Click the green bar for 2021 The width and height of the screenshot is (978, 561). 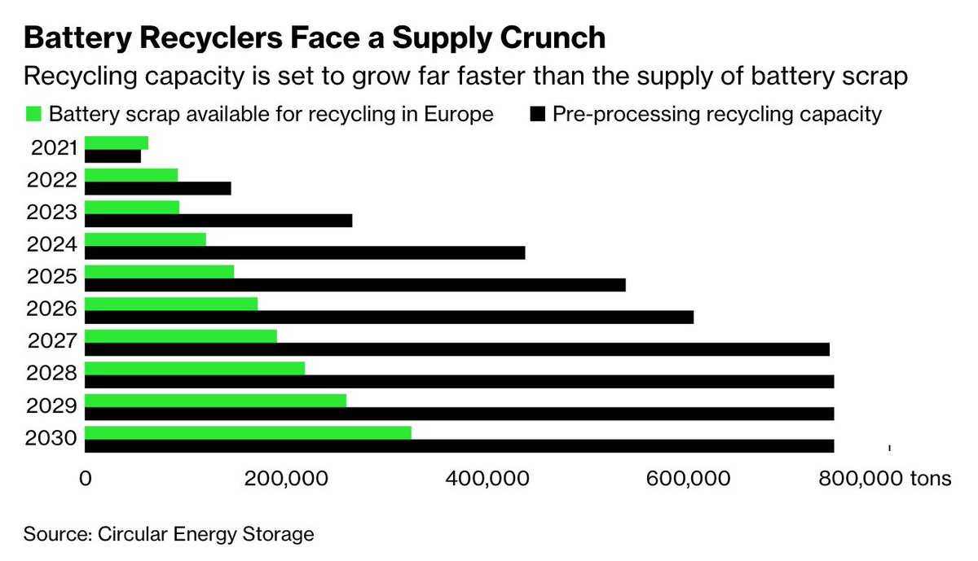[117, 143]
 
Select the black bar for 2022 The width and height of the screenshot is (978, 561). [157, 189]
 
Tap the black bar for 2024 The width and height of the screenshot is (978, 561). [305, 252]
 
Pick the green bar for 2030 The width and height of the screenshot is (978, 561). [248, 432]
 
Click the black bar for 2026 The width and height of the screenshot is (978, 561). [389, 317]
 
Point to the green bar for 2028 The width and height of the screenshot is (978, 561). [195, 368]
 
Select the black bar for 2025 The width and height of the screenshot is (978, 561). [355, 285]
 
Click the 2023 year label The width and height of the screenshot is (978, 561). [53, 213]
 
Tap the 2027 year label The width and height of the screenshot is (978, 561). [53, 341]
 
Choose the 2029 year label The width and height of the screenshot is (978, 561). [53, 405]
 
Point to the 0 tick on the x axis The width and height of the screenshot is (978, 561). [85, 479]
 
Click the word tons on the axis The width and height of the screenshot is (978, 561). [932, 479]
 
